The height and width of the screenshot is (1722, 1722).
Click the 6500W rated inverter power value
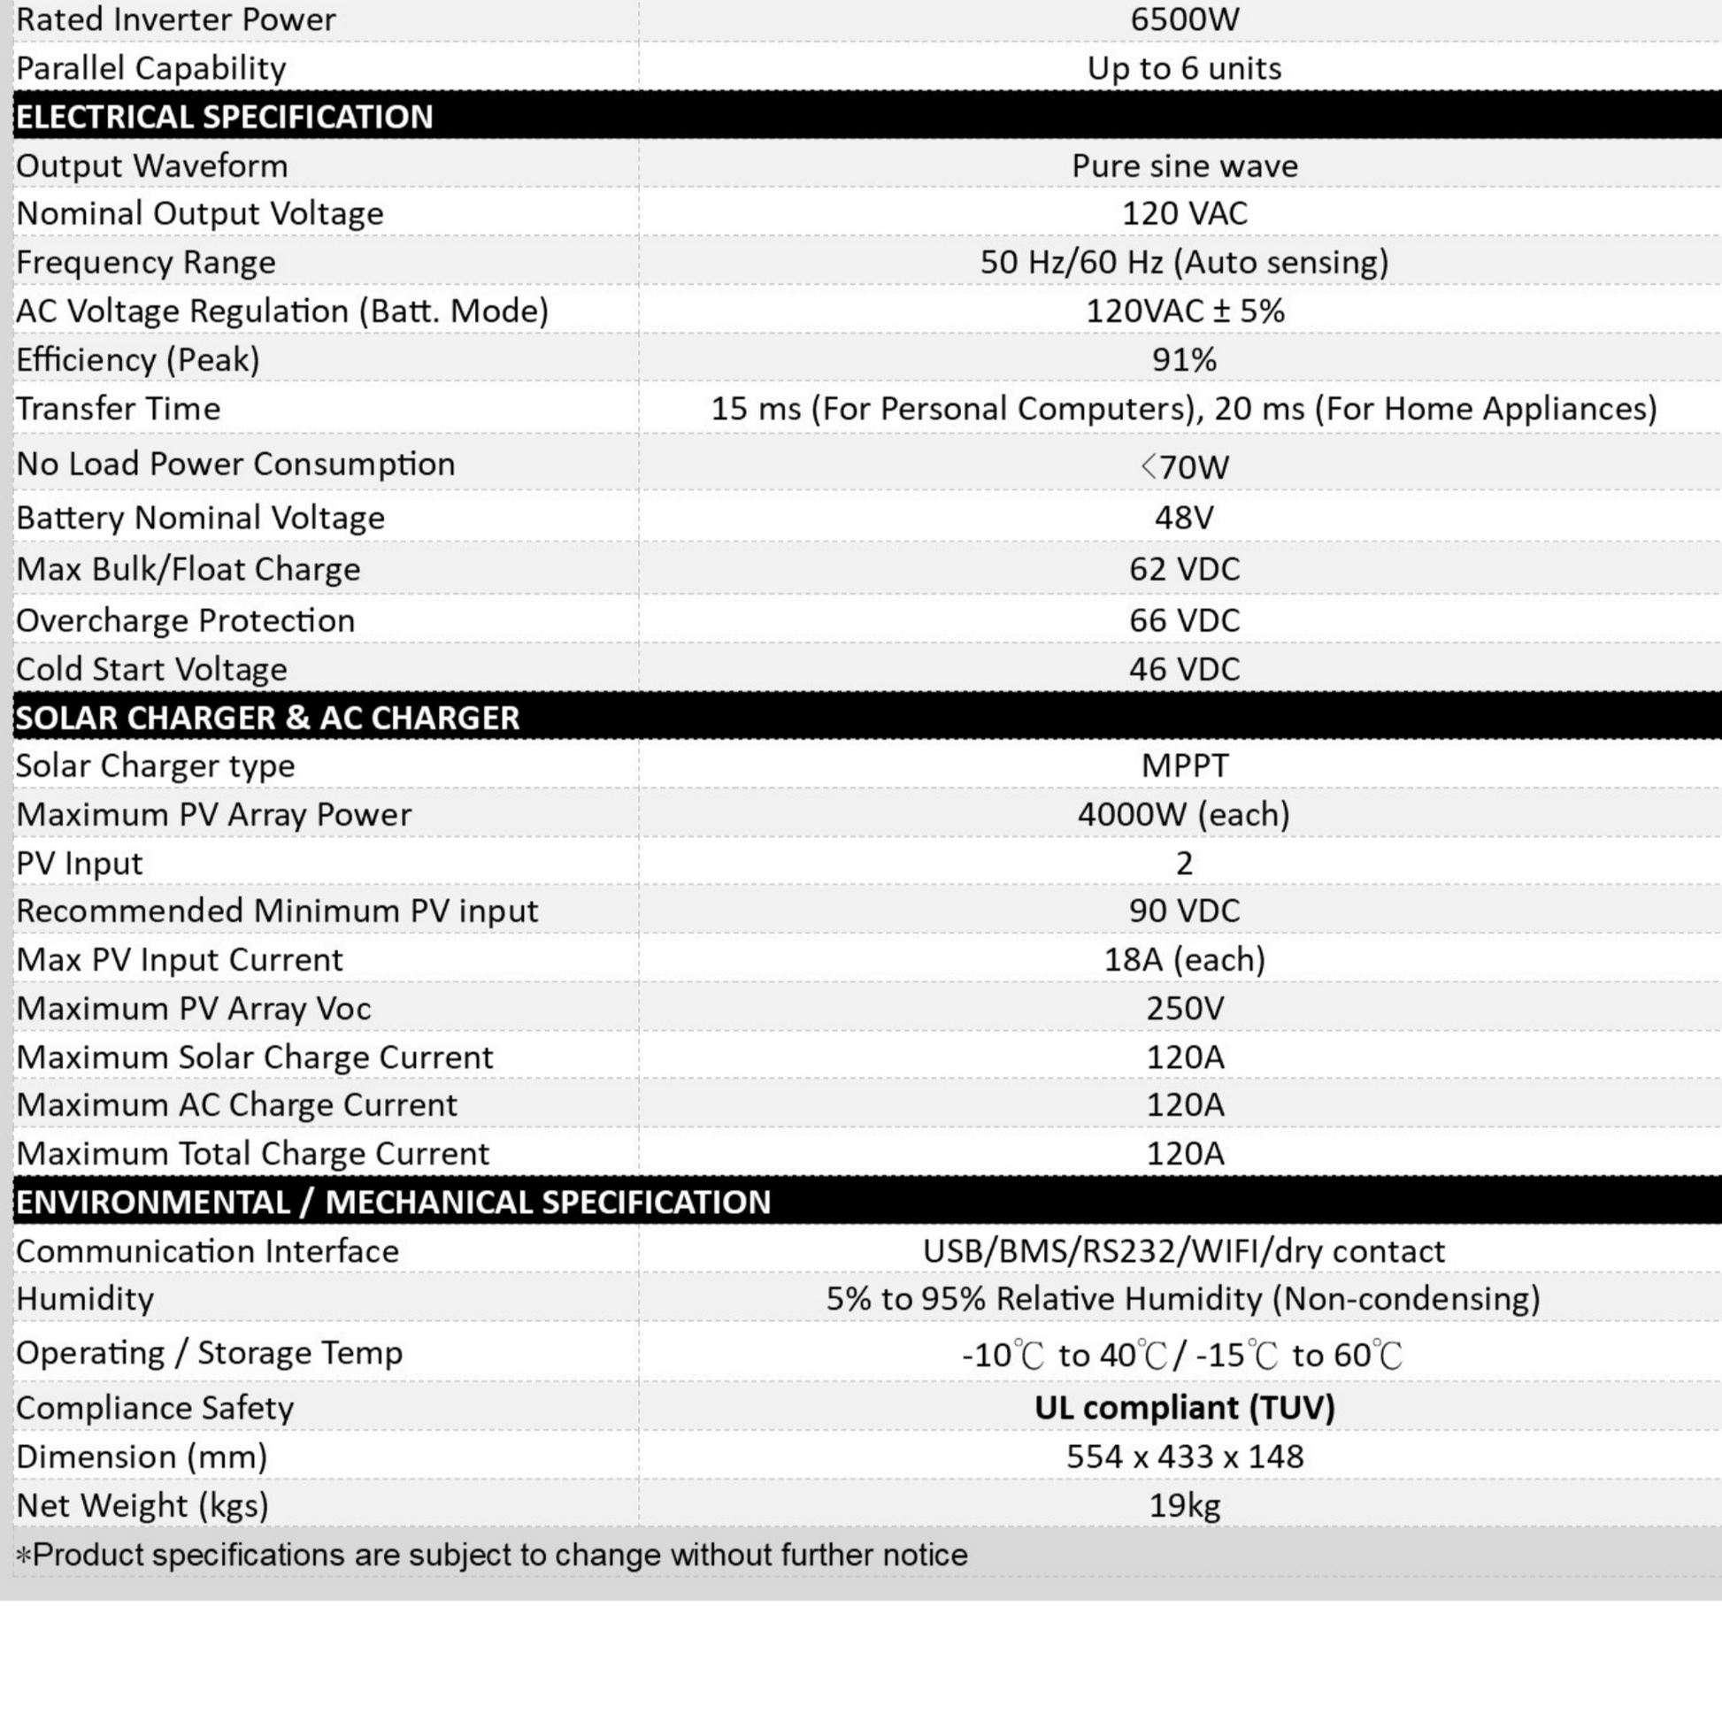click(1184, 19)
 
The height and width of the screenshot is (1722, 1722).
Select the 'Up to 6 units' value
click(1184, 69)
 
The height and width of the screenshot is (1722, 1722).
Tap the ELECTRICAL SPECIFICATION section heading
click(225, 117)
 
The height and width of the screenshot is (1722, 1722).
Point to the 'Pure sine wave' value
click(1184, 165)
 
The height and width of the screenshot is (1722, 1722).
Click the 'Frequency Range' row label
click(146, 262)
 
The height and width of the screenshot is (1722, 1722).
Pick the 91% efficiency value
click(1184, 360)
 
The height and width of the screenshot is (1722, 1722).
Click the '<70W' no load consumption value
click(1184, 466)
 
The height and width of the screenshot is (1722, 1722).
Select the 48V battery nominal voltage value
click(1184, 518)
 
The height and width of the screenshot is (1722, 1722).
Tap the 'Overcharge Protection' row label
click(186, 620)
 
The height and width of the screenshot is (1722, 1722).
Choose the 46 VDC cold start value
click(1184, 669)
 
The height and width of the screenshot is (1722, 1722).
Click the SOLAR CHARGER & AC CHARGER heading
click(267, 718)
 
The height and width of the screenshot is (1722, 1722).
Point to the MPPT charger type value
click(1184, 765)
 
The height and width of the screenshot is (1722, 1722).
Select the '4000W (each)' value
click(1184, 814)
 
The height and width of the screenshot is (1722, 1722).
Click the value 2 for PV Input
click(1184, 863)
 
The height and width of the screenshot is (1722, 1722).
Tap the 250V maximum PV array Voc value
click(1184, 1008)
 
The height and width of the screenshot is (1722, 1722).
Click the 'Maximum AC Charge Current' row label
click(236, 1105)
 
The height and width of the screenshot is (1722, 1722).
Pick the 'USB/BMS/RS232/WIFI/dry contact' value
click(1184, 1251)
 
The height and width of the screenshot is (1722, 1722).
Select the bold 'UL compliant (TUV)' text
click(1184, 1407)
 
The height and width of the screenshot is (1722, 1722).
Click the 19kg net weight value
click(1184, 1505)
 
